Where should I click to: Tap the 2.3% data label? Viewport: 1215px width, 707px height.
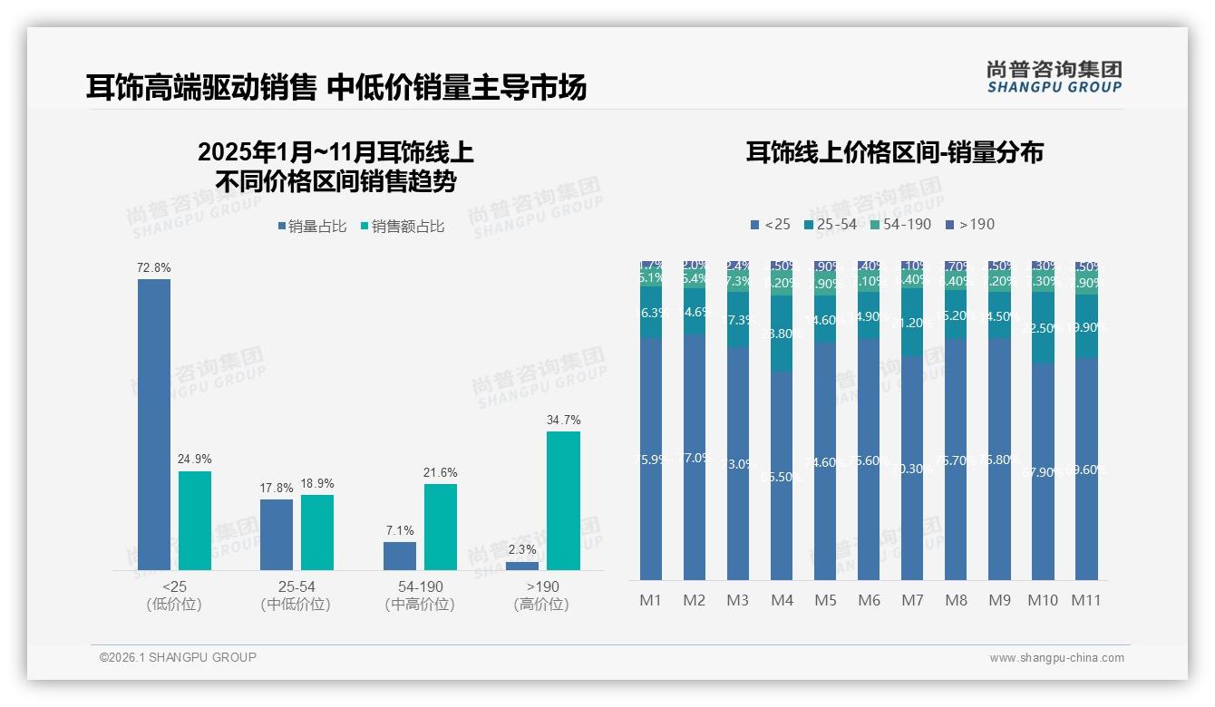[522, 549]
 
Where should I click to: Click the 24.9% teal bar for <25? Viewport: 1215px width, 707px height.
[195, 520]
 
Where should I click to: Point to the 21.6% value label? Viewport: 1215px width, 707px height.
[440, 472]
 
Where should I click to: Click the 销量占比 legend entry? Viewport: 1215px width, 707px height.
[312, 227]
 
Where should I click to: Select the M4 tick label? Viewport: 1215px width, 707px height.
[782, 600]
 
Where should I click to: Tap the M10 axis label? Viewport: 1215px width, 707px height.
[1043, 600]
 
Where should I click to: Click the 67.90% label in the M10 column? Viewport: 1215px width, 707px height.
[1044, 470]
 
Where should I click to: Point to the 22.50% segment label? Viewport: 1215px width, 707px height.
[1044, 328]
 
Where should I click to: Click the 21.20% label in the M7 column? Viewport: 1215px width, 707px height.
[913, 322]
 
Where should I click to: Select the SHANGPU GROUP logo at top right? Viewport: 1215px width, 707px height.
[1054, 77]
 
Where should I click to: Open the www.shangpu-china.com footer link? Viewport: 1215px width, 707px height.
[1056, 658]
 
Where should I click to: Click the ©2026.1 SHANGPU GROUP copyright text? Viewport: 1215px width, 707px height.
[178, 657]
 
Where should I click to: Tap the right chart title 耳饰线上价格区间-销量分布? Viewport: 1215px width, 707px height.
[894, 152]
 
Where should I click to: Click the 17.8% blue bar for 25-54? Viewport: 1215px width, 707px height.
[277, 535]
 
